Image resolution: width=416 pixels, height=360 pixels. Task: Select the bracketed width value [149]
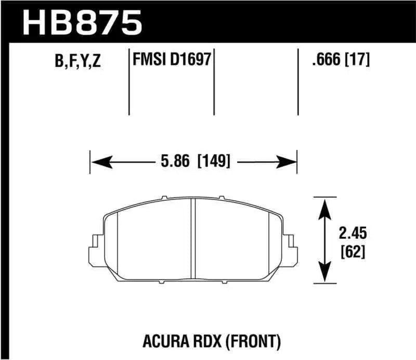[213, 161]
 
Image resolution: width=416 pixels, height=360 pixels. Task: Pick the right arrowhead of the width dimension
[287, 162]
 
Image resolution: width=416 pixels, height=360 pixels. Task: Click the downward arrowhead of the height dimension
[325, 273]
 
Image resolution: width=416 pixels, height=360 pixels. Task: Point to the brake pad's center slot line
[192, 239]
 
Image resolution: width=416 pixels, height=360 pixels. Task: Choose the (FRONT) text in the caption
[250, 341]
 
